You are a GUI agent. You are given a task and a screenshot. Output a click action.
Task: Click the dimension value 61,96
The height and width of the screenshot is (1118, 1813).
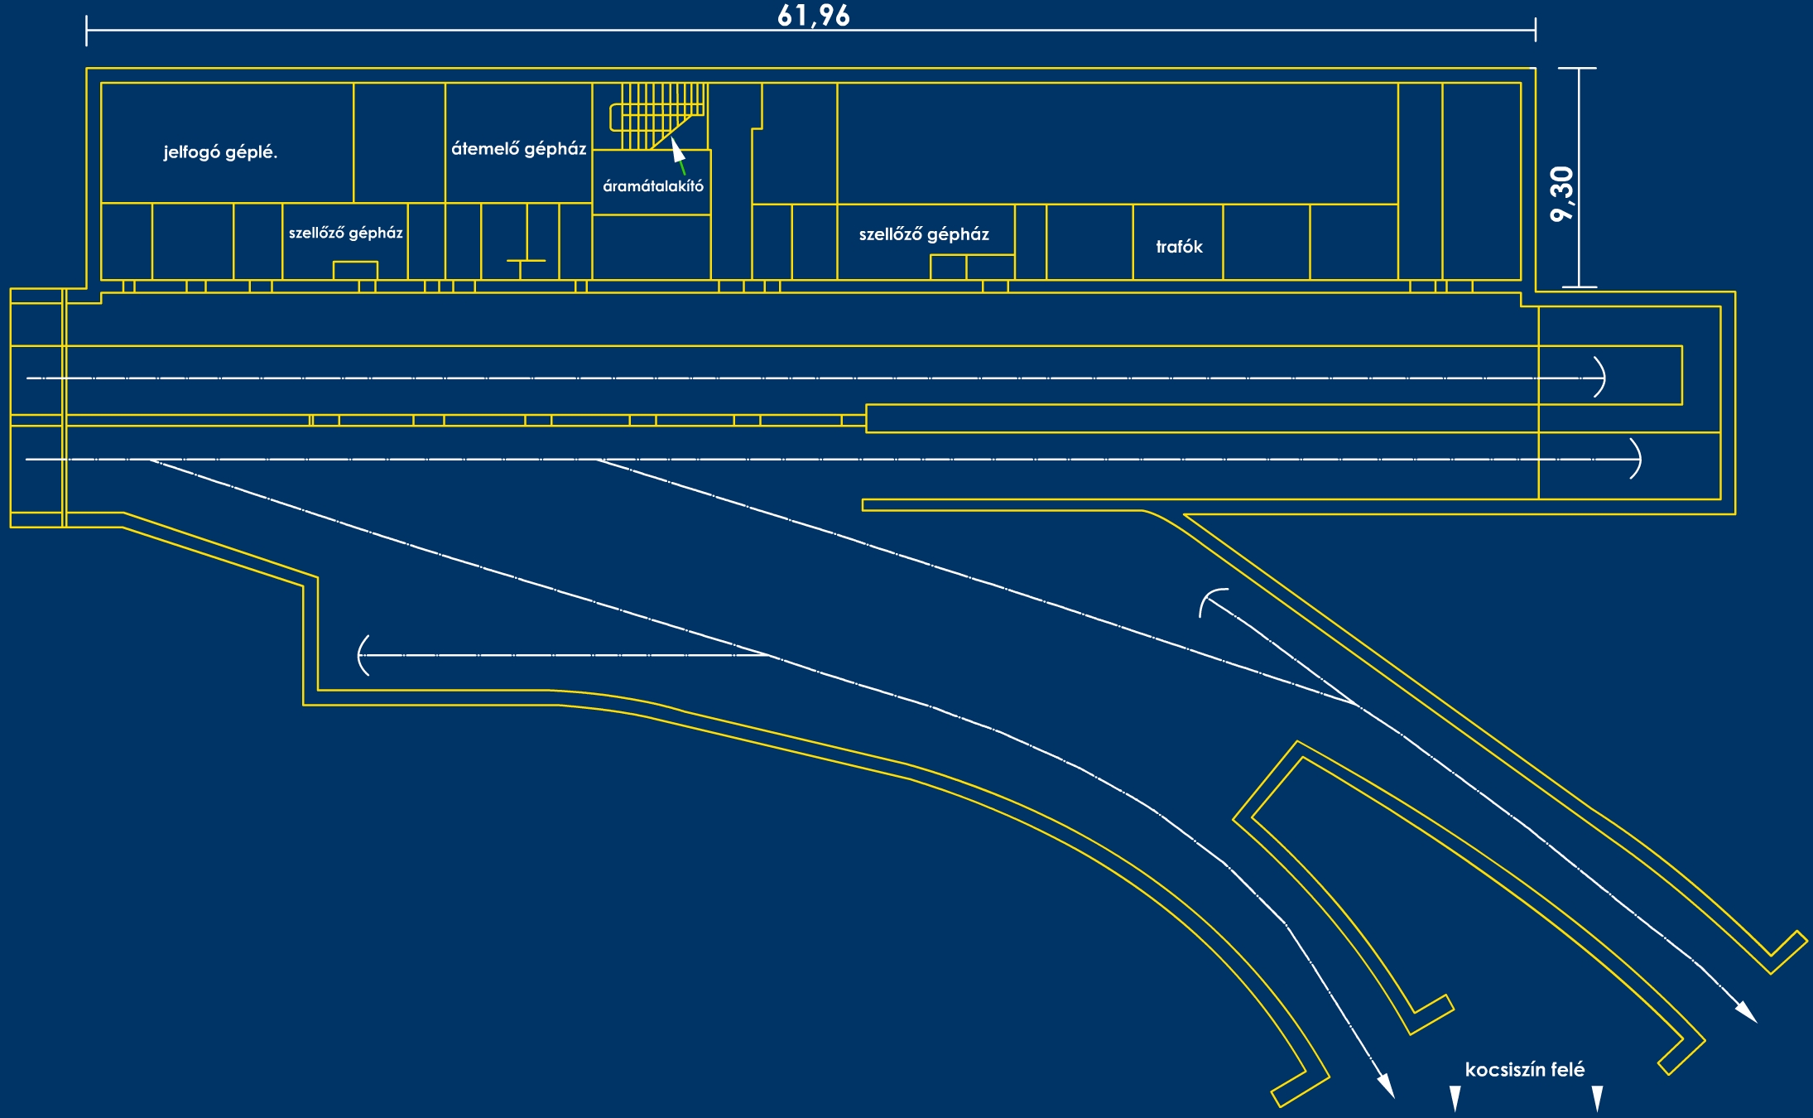click(813, 15)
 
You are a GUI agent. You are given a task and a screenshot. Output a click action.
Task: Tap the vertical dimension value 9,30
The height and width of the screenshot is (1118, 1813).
click(1561, 194)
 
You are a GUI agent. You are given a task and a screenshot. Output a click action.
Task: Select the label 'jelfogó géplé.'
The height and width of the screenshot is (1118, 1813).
click(220, 152)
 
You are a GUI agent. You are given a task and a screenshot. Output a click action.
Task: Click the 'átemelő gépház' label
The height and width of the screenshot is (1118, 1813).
click(518, 149)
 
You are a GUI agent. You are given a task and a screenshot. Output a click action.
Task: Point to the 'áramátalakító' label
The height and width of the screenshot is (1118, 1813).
click(653, 186)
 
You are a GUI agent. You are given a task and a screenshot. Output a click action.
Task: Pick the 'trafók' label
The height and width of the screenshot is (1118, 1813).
click(1179, 247)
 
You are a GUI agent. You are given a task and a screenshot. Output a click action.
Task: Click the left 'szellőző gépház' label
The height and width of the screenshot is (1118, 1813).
click(345, 233)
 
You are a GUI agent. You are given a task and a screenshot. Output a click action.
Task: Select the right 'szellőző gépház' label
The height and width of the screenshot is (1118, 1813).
click(924, 234)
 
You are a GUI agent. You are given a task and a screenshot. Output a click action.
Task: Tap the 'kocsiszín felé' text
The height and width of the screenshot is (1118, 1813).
click(1524, 1069)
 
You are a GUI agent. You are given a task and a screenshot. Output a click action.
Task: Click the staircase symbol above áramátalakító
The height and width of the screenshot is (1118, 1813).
click(658, 115)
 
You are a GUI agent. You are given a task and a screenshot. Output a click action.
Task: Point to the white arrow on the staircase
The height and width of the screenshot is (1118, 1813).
click(678, 151)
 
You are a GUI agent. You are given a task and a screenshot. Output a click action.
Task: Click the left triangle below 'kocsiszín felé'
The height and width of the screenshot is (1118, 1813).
click(1455, 1098)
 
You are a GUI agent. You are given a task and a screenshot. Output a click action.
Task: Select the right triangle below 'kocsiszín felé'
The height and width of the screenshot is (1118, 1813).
click(1597, 1098)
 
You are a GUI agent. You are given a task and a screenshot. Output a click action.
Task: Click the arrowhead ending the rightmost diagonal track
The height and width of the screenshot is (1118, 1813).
click(1746, 1012)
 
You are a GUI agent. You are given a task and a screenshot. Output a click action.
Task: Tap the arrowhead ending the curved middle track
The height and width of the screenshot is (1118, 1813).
click(1385, 1087)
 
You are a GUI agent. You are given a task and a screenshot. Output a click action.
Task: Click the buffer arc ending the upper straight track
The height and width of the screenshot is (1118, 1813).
click(1601, 378)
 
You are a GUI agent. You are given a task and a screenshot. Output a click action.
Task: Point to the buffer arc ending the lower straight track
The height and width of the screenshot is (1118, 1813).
click(1636, 459)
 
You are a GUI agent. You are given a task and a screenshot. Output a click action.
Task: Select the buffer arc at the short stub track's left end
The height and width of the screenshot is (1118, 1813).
click(362, 655)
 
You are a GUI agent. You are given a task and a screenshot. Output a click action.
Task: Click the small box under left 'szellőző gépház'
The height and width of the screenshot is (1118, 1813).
click(355, 270)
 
